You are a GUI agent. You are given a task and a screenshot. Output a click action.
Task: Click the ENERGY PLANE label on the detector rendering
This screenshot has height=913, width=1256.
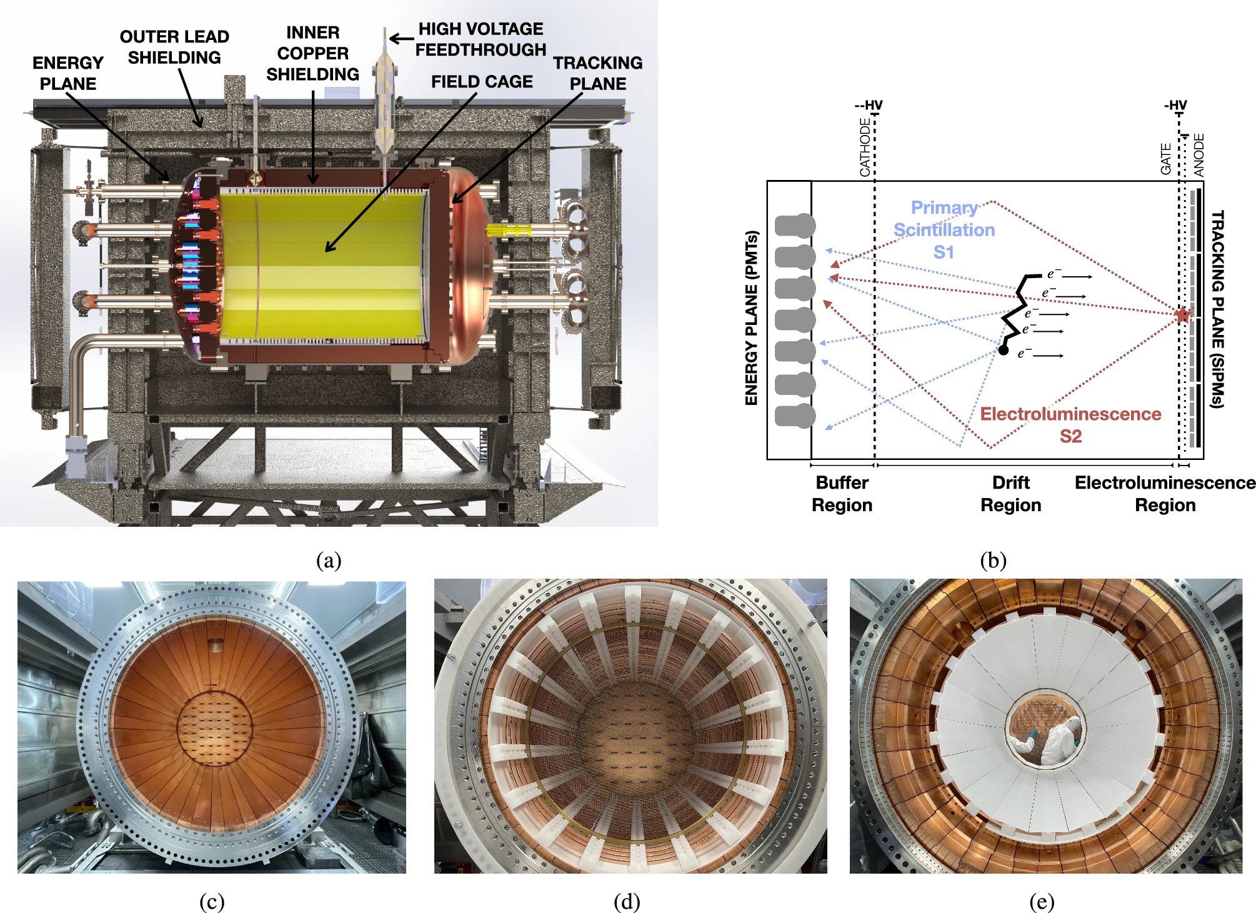coord(67,73)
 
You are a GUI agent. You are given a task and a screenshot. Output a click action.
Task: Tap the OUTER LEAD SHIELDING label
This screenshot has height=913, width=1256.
coord(174,47)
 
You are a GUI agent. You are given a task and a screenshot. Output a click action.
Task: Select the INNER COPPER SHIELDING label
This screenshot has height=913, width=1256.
coord(312,53)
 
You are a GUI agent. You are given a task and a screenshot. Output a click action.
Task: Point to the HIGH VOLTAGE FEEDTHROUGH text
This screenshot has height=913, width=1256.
coord(481,39)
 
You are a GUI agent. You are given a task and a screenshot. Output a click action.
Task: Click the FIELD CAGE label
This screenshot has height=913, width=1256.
coord(482,82)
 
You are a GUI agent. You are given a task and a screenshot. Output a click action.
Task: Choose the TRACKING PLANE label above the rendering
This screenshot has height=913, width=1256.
coord(597,73)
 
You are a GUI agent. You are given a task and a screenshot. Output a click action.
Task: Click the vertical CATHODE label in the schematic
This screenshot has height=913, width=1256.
coord(865,147)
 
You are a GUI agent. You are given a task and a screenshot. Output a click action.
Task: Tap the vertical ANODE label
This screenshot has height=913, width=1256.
coord(1199,154)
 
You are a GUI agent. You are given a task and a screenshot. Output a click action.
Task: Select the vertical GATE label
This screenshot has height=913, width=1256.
coord(1166,159)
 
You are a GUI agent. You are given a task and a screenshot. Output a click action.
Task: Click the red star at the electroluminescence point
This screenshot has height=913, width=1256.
coord(1182,315)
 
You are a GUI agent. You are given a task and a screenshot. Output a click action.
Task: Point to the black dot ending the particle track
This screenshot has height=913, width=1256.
coord(1004,350)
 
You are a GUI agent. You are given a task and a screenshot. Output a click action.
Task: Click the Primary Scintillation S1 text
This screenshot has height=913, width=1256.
coord(944,230)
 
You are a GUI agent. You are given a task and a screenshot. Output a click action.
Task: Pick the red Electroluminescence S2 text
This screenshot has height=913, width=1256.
coord(1070,425)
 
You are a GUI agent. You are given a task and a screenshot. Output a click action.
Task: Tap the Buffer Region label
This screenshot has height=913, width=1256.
coord(842,494)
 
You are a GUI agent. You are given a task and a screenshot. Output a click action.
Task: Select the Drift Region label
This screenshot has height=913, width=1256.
coord(1010,494)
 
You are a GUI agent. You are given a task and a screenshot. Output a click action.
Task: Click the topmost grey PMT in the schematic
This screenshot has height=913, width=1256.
coord(795,226)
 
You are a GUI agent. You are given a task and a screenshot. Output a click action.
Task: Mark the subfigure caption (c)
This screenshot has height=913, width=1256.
coord(212,901)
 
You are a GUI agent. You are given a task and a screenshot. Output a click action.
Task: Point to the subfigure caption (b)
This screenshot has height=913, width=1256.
coord(993,560)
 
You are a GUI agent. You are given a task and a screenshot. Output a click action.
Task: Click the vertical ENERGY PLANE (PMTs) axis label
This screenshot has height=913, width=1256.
coord(752,318)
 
